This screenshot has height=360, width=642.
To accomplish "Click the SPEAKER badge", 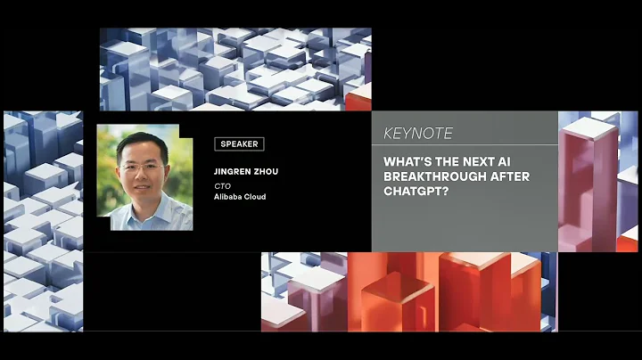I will (x=239, y=143).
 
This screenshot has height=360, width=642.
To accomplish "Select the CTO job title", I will (x=223, y=185).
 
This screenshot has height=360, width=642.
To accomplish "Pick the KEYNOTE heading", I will (x=417, y=134).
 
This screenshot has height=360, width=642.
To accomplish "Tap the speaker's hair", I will (x=140, y=143).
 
